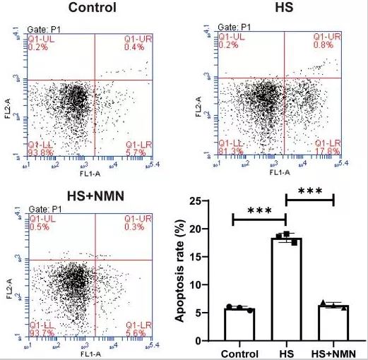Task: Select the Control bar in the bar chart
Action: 239,325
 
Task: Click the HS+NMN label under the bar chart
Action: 333,352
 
